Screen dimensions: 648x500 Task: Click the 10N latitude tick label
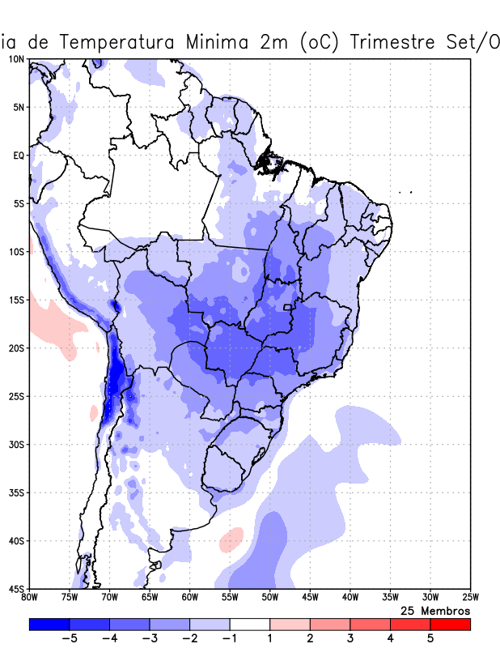click(x=16, y=59)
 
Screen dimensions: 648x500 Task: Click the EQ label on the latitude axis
click(x=19, y=156)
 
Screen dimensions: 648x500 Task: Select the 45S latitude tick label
click(x=16, y=588)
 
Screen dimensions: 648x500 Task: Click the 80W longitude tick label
click(x=29, y=598)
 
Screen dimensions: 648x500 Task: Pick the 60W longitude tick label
click(x=189, y=598)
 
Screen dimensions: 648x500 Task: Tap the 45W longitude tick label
click(x=309, y=598)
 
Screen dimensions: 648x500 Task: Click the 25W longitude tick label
click(x=469, y=598)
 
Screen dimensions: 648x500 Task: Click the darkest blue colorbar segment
click(x=49, y=625)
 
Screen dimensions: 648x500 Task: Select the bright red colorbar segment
click(x=450, y=625)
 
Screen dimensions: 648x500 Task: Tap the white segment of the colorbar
click(x=250, y=625)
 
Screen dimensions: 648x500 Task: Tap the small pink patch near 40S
click(x=231, y=539)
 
